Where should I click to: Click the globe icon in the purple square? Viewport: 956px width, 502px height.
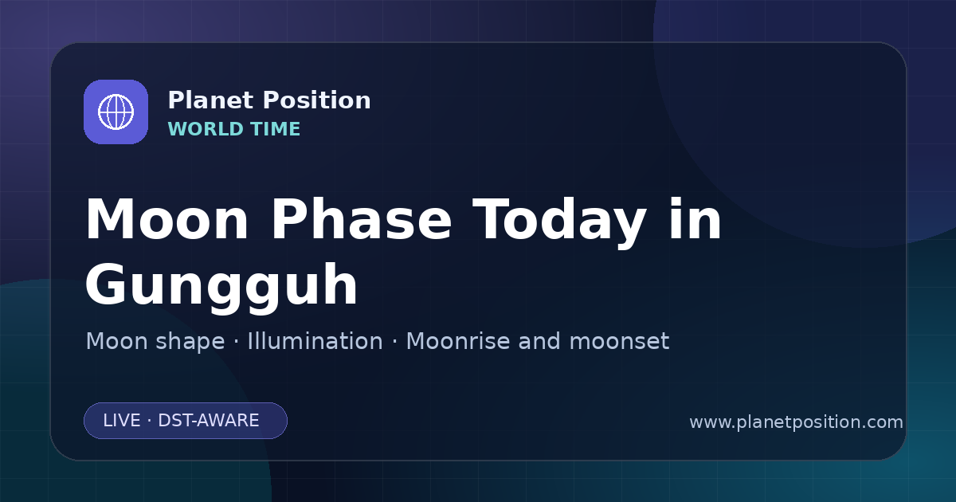coord(116,112)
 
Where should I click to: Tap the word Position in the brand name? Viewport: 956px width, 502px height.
coord(317,100)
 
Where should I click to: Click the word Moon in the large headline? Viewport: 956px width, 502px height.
coord(167,220)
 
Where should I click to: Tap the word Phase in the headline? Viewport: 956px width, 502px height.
coord(361,220)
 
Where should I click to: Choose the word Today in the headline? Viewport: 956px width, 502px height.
coord(559,222)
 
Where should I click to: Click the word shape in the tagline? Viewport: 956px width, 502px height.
coord(190,343)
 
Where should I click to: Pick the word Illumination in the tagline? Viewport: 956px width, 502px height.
coord(315,341)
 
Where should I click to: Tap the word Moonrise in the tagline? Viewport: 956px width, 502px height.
coord(458,341)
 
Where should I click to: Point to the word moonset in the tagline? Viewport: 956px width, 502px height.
coord(619,342)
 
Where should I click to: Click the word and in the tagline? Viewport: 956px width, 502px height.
coord(539,341)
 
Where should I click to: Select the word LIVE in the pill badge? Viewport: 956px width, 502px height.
coord(122,421)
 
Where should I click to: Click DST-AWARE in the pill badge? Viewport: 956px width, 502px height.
coord(208,421)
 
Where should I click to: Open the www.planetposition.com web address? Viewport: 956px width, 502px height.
coord(796,422)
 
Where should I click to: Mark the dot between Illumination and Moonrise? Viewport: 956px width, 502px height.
coord(394,342)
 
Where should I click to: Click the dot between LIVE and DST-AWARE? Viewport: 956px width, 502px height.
coord(150,421)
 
